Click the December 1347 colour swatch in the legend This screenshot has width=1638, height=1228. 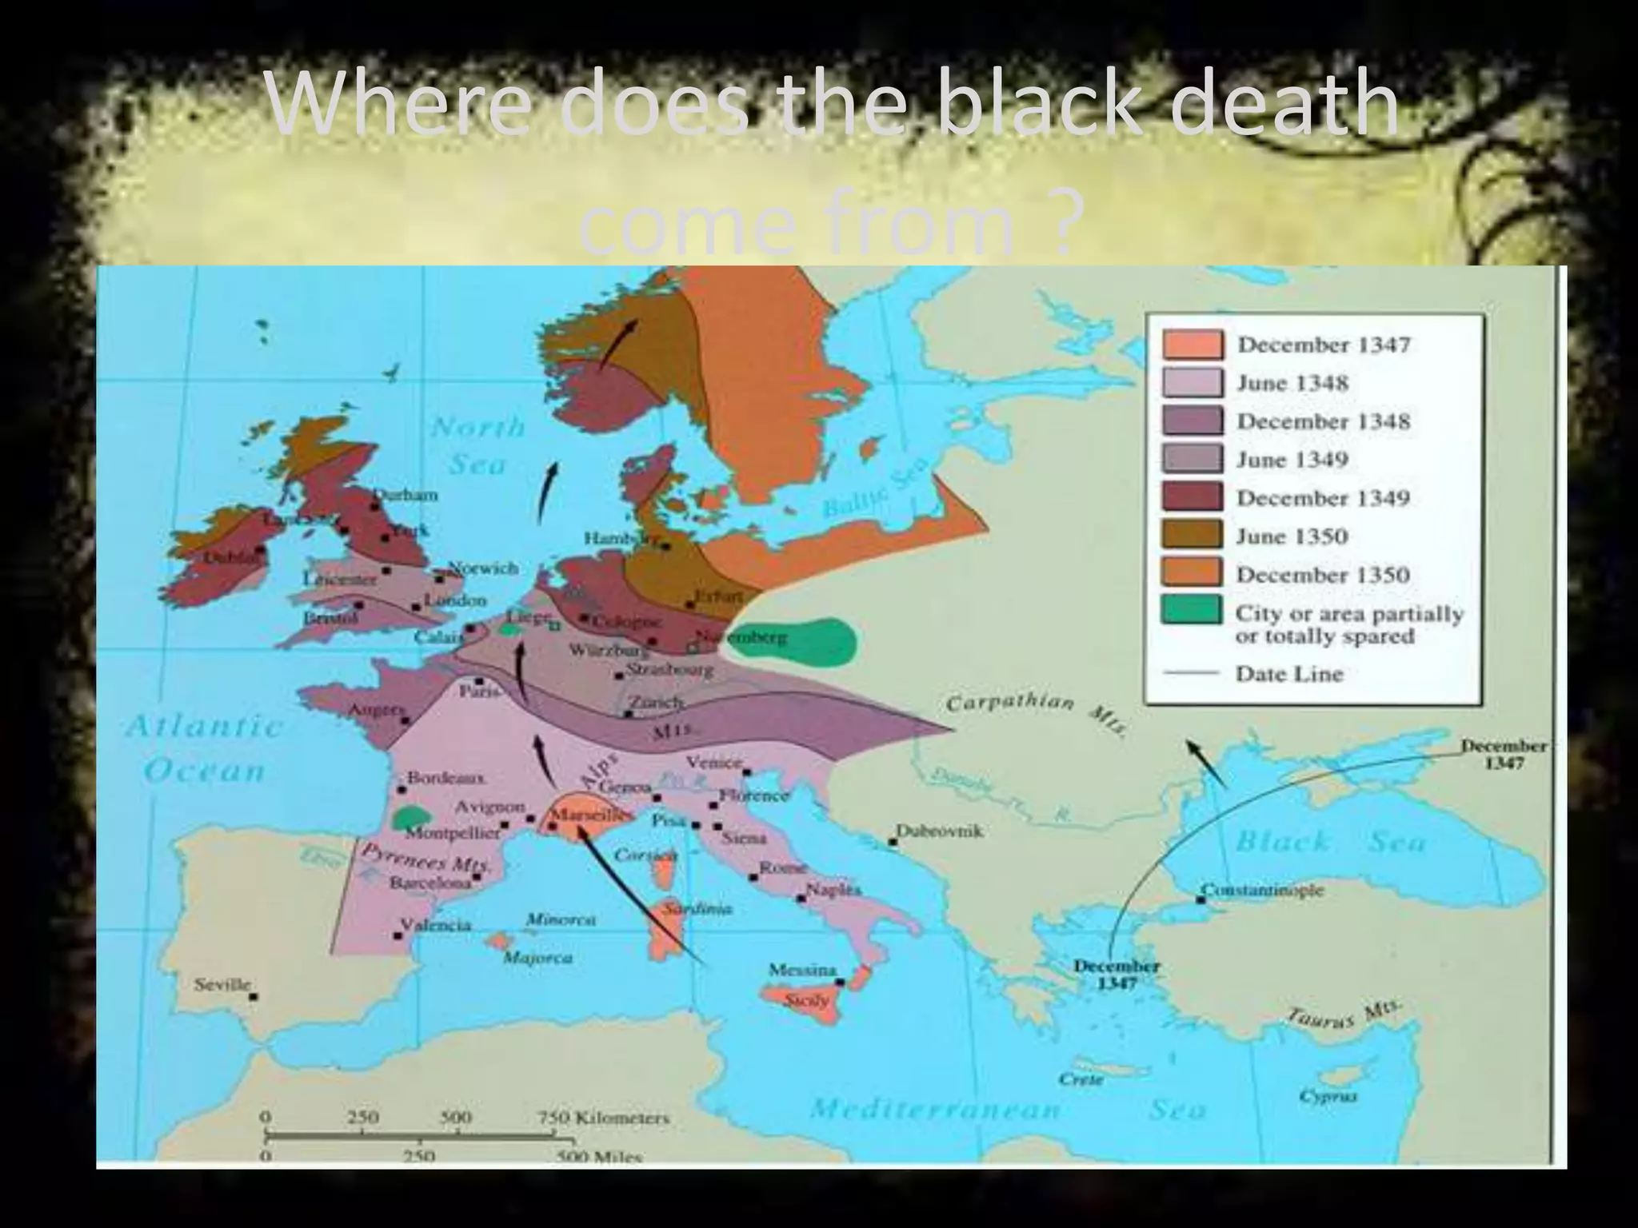1193,345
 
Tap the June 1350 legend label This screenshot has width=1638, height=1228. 1292,536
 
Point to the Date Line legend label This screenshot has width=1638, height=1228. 1288,674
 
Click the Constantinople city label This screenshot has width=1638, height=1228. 1263,890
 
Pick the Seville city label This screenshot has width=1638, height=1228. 222,984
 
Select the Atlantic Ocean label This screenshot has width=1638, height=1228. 205,748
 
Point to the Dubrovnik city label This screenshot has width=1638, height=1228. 938,831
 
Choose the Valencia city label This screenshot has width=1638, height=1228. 436,925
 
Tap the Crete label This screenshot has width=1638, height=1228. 1080,1079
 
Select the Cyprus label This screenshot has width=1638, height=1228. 1328,1096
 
